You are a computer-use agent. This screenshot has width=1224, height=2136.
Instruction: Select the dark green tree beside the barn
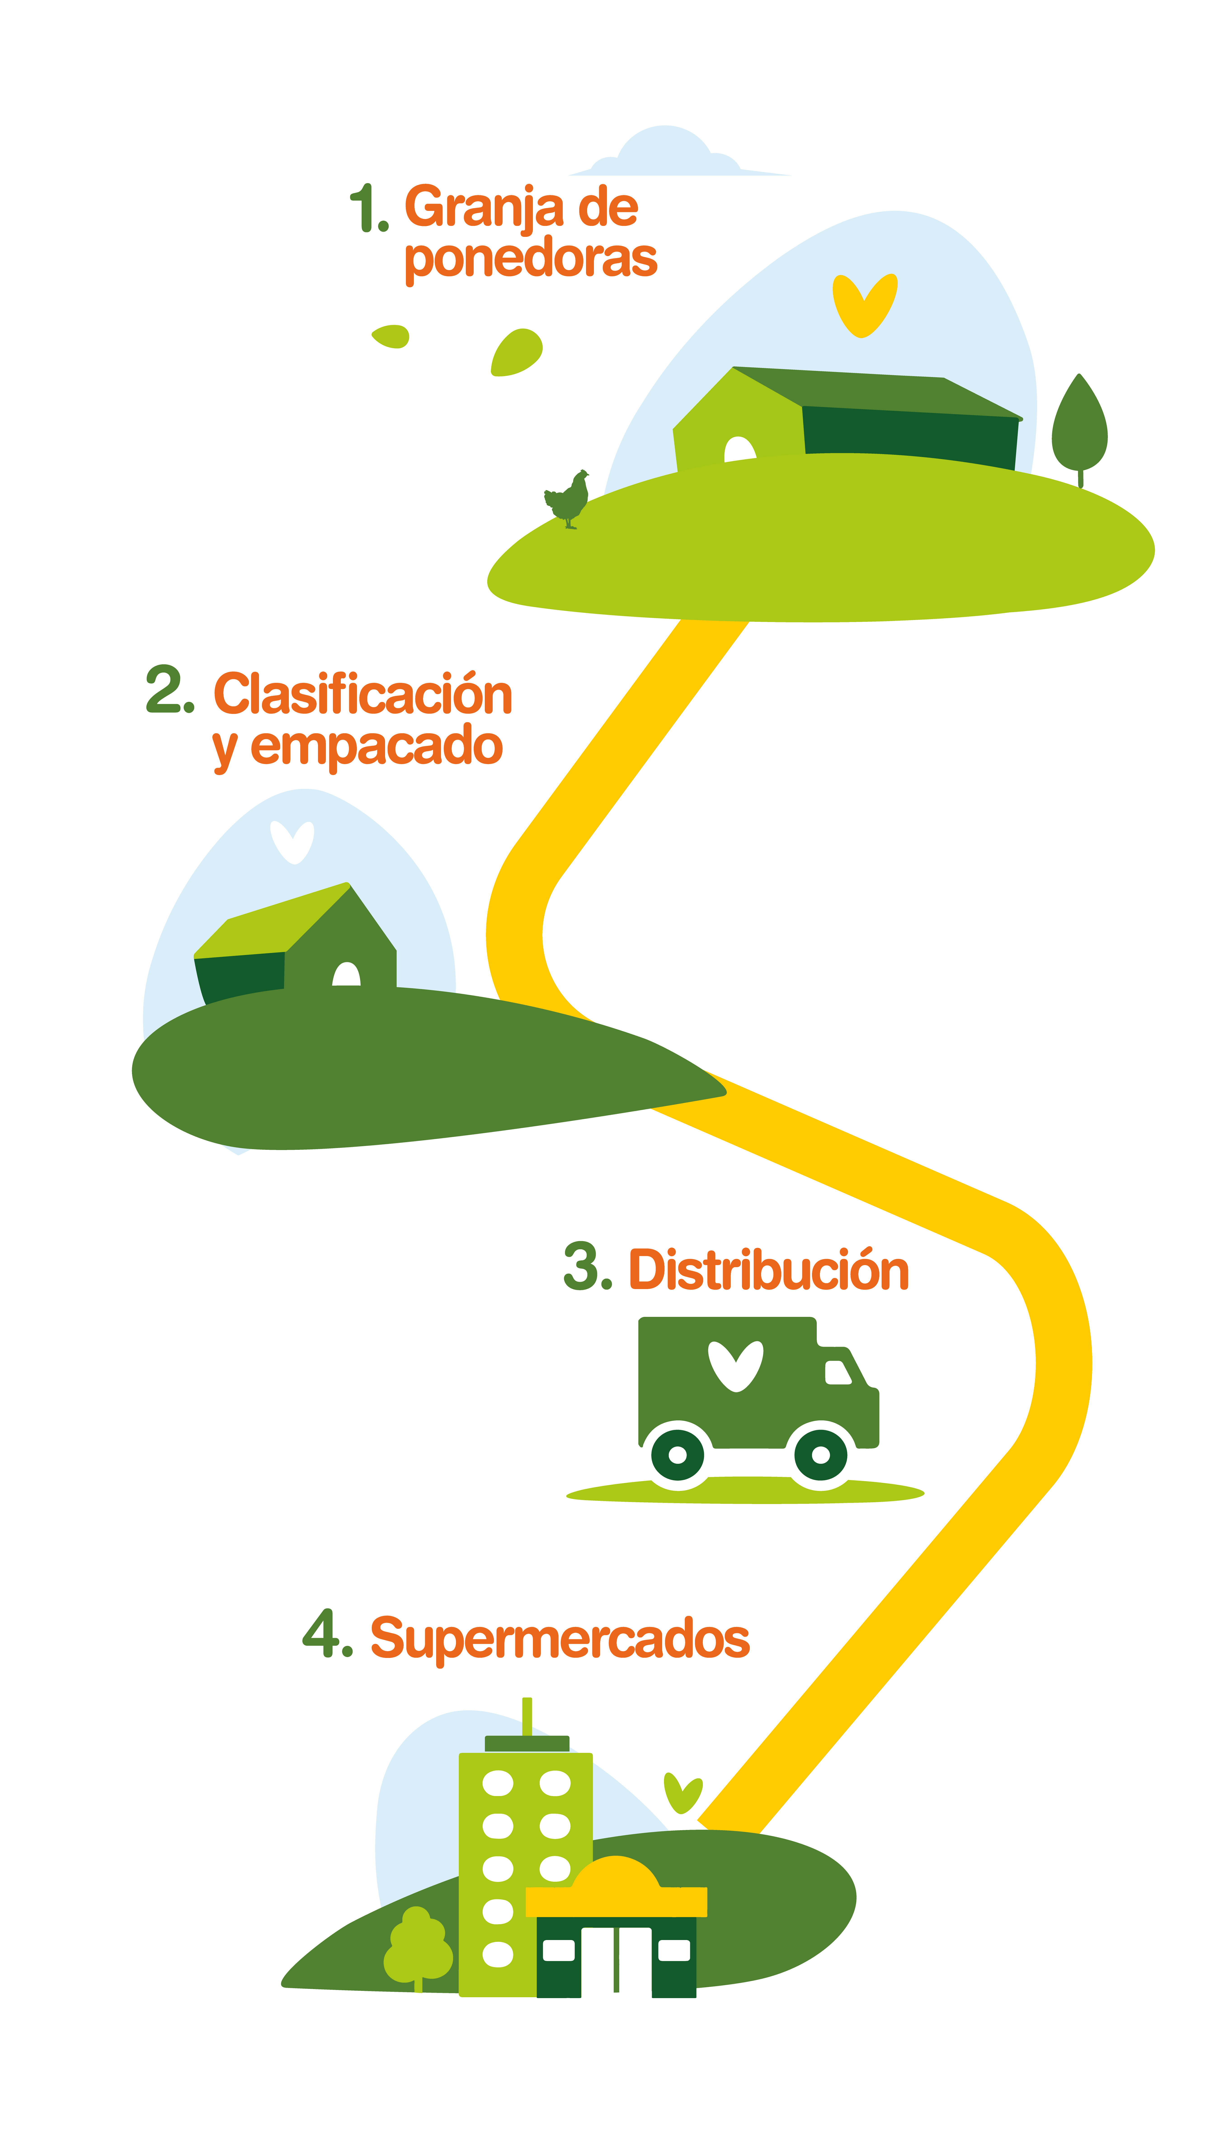(x=1079, y=429)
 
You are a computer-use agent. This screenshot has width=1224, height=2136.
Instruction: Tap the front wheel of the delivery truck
(x=821, y=1455)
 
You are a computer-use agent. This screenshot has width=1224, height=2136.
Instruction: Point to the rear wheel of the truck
(x=678, y=1455)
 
